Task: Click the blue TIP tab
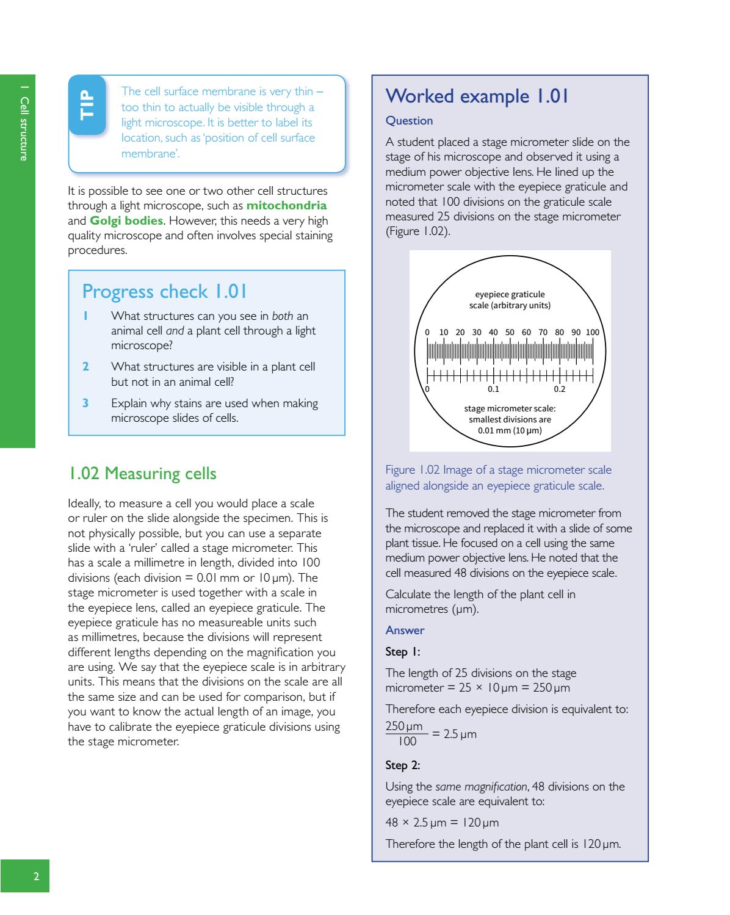click(x=87, y=104)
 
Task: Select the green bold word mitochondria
click(x=286, y=206)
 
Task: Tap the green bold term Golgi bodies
click(x=126, y=220)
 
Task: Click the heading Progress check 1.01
click(x=165, y=292)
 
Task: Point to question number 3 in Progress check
click(x=86, y=403)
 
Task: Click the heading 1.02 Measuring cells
click(x=142, y=473)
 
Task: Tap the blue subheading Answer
click(x=405, y=630)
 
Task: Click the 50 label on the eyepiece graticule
click(x=510, y=333)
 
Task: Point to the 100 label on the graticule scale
click(x=592, y=333)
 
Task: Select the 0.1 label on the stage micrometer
click(x=493, y=389)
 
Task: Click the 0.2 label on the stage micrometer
click(x=559, y=389)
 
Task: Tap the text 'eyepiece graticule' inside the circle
click(x=510, y=295)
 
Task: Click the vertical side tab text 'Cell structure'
click(x=24, y=131)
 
